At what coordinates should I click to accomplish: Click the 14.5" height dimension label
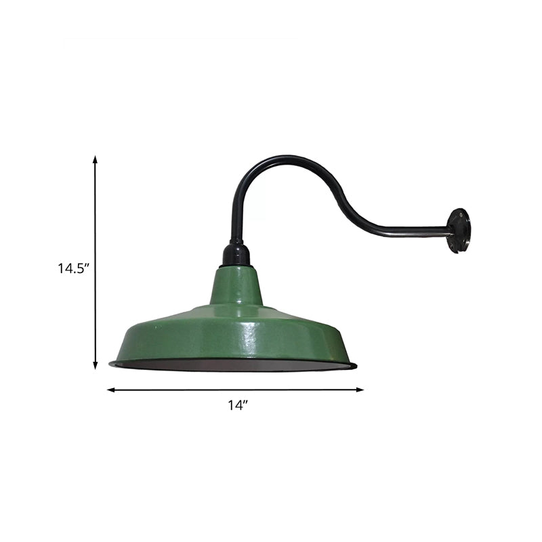(73, 268)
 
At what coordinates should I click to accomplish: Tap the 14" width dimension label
(238, 406)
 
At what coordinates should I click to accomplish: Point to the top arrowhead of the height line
(95, 159)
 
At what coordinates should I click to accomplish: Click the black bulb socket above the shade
(236, 255)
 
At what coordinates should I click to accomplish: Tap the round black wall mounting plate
(459, 230)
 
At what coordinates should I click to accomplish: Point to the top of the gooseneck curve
(271, 159)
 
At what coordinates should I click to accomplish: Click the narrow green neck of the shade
(236, 288)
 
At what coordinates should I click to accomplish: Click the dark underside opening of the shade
(234, 366)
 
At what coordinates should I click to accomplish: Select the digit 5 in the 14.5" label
(81, 268)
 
